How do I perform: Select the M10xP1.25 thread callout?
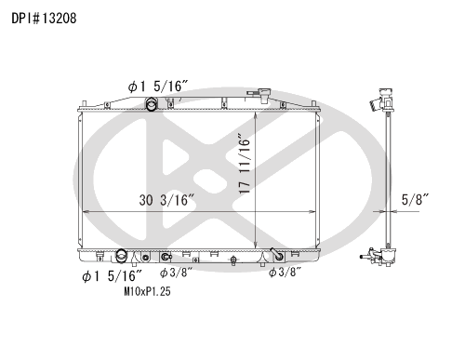147,291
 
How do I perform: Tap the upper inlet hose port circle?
151,103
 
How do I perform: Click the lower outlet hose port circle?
124,258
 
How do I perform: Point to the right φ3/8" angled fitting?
275,252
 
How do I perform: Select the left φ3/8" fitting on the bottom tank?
166,258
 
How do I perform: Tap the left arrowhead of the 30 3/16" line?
86,213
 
